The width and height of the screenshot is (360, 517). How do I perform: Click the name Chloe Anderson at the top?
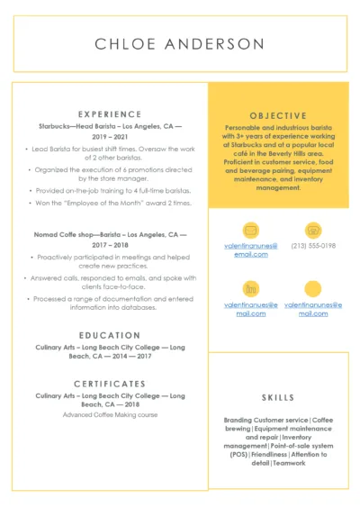click(x=180, y=44)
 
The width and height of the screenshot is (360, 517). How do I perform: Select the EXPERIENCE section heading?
click(x=110, y=114)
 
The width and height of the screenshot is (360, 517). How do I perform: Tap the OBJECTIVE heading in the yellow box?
click(x=278, y=115)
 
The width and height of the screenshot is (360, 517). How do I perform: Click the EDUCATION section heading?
click(x=110, y=335)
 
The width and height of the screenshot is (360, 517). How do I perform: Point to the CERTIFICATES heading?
click(x=110, y=383)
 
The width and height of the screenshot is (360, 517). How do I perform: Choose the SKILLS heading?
click(x=278, y=396)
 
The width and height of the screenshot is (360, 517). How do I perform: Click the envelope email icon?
click(x=251, y=229)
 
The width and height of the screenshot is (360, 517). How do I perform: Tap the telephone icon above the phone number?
click(x=313, y=229)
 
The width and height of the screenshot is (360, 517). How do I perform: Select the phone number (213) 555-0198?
click(x=313, y=245)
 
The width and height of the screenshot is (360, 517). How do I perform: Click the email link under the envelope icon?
click(x=251, y=249)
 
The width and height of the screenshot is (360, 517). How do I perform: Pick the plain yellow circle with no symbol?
click(x=313, y=288)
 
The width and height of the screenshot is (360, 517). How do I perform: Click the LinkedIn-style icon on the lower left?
click(x=251, y=288)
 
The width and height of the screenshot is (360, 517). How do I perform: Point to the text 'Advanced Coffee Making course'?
click(x=110, y=414)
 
